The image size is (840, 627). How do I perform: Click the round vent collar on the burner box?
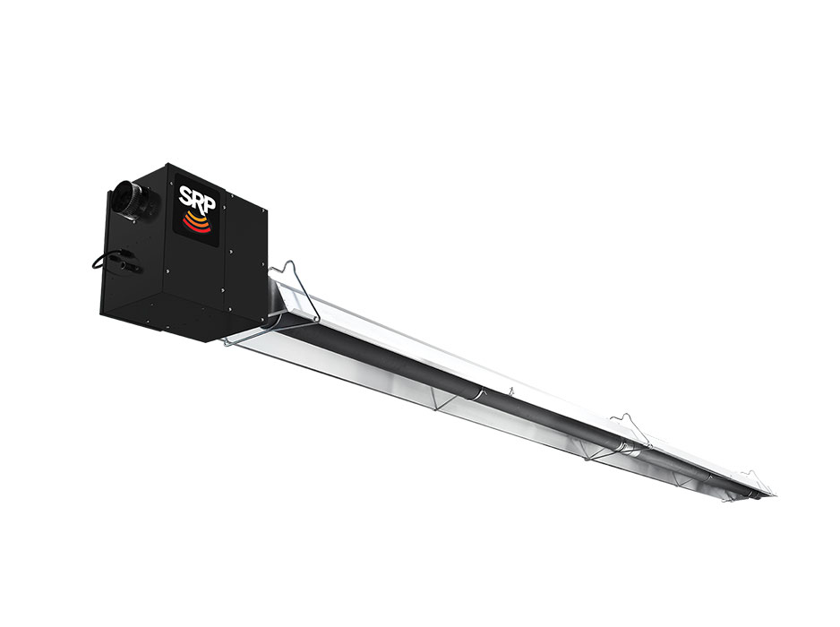pyautogui.click(x=130, y=199)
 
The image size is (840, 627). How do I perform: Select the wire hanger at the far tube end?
pyautogui.click(x=755, y=485)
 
